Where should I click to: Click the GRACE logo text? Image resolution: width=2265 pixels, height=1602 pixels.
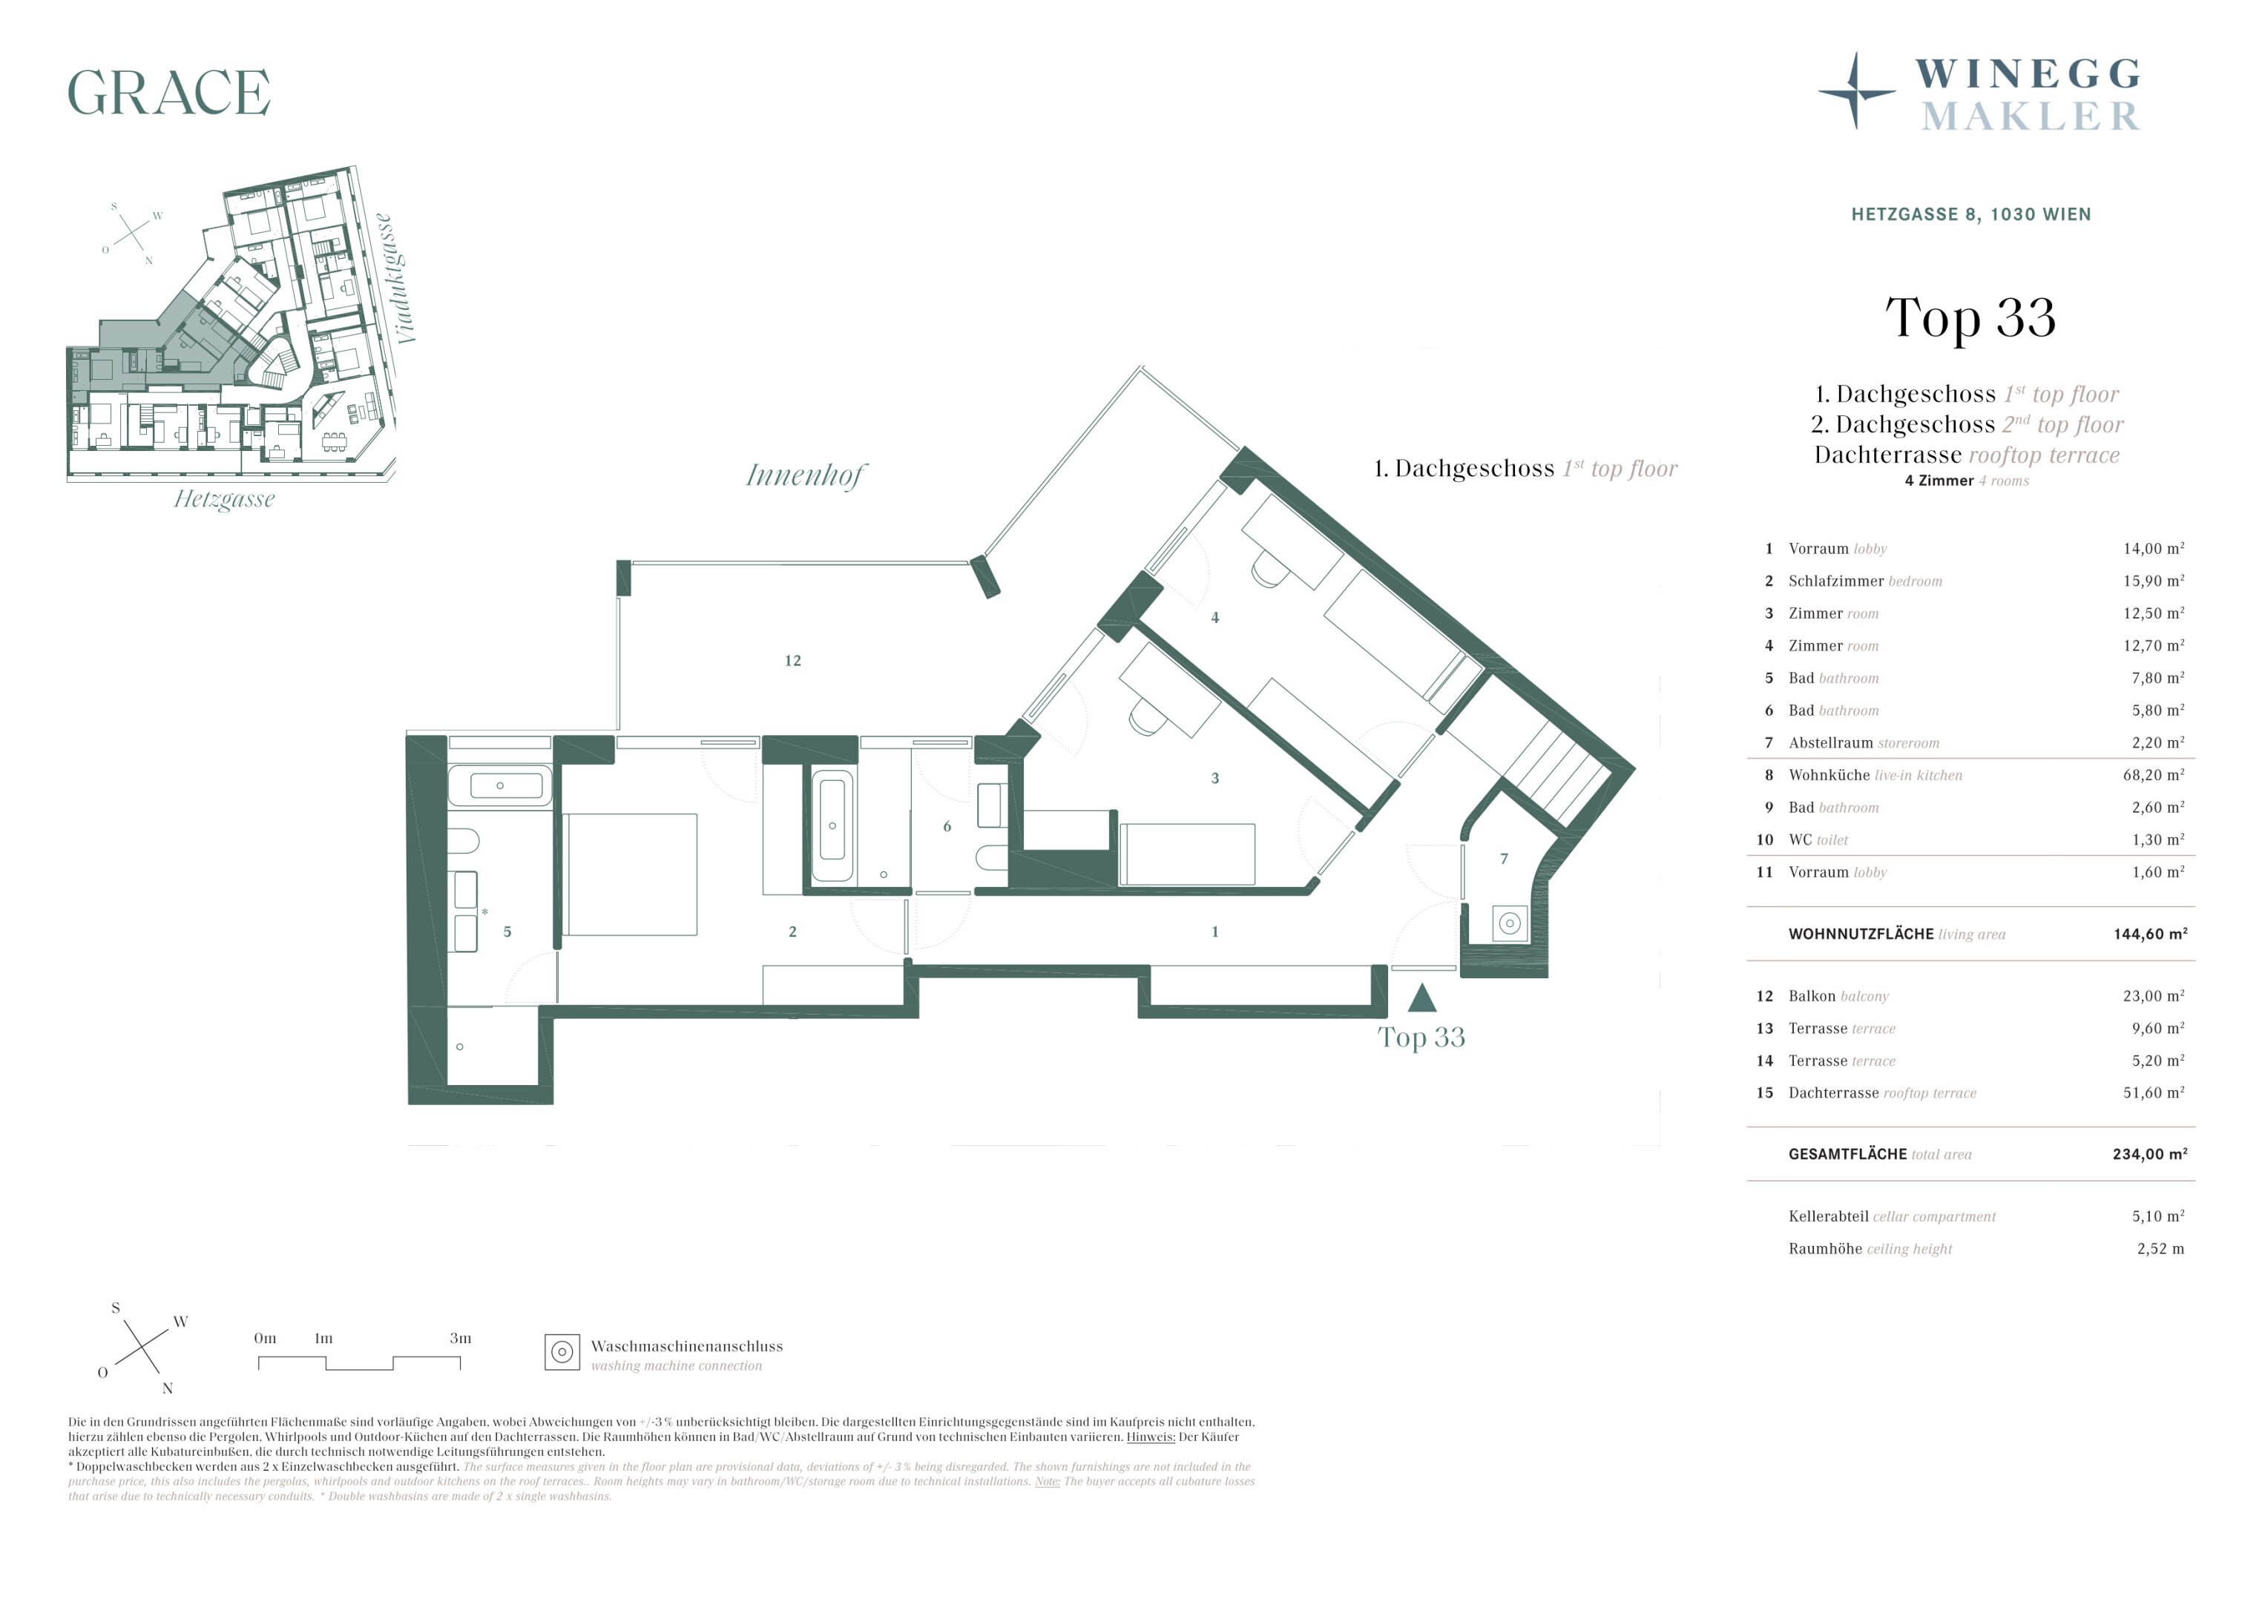[x=168, y=93]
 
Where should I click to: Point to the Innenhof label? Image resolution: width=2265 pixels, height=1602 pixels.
[x=804, y=475]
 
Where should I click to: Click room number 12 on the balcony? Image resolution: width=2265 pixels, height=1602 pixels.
[x=792, y=661]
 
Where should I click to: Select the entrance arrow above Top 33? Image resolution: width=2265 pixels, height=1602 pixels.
[x=1421, y=998]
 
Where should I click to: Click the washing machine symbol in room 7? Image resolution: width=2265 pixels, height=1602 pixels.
[x=1509, y=923]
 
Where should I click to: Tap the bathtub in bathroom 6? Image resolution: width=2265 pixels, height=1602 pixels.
[x=832, y=825]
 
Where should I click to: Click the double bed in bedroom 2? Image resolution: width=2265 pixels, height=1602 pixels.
[x=631, y=874]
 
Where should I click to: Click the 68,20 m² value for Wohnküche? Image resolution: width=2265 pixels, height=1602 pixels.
[x=2154, y=775]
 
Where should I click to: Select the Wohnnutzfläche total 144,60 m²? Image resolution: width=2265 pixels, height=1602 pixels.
[x=2151, y=934]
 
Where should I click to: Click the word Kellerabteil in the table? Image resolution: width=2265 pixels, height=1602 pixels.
[x=1828, y=1216]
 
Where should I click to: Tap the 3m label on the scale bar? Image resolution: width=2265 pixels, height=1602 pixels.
[x=461, y=1339]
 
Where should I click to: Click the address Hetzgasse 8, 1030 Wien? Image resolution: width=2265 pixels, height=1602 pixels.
[x=1971, y=214]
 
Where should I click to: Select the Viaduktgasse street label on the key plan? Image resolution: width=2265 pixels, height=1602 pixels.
[x=397, y=279]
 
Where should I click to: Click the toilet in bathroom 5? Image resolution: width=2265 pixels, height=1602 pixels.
[x=464, y=842]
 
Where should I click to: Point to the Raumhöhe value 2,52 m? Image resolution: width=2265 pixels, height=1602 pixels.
[x=2160, y=1249]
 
